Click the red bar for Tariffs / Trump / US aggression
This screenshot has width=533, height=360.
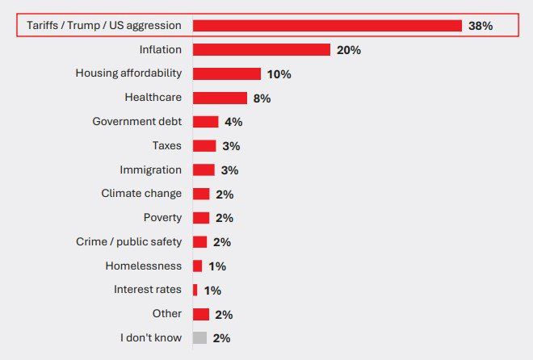[327, 26]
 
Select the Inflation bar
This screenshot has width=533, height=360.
[262, 50]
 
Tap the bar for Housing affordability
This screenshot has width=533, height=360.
[227, 73]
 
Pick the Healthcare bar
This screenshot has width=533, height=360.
[220, 98]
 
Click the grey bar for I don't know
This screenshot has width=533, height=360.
[199, 338]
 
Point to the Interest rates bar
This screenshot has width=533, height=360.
[195, 290]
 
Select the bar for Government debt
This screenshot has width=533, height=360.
[205, 122]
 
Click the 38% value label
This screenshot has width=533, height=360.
[481, 26]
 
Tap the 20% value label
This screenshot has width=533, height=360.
[349, 50]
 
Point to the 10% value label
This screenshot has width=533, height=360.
[279, 74]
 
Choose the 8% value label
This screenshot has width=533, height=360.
[262, 98]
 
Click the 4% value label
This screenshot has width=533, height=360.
[233, 122]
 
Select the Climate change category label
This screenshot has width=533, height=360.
[141, 194]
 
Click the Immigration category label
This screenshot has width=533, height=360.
[150, 170]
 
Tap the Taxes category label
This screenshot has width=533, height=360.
[167, 146]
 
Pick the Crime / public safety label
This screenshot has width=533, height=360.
[128, 241]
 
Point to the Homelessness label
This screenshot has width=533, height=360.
[144, 266]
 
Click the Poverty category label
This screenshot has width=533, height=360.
[162, 218]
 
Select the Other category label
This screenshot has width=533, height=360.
[166, 314]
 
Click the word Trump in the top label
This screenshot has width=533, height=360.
[90, 26]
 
